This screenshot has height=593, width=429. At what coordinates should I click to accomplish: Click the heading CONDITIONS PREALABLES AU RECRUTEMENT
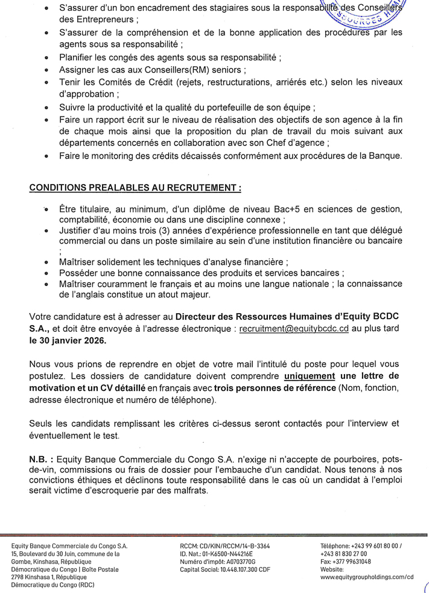(x=135, y=188)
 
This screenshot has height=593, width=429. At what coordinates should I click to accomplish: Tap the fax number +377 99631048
(x=350, y=560)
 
